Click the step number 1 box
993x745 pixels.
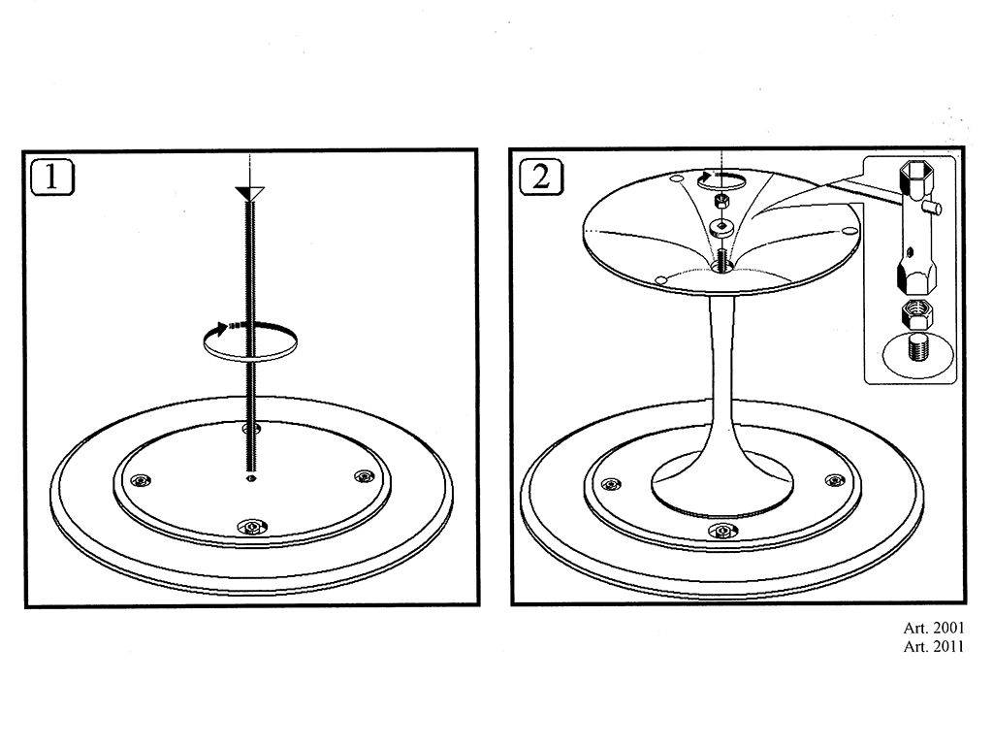tap(52, 177)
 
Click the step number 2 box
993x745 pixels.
tap(540, 177)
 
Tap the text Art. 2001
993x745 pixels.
tap(934, 628)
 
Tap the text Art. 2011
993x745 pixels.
tap(934, 647)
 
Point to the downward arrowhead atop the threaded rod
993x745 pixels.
tap(249, 193)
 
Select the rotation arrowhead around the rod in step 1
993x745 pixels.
tap(219, 328)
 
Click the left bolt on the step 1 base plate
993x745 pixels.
tap(141, 481)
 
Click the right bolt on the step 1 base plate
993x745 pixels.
tap(364, 475)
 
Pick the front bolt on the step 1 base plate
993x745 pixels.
tap(252, 527)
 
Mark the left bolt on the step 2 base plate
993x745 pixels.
tap(611, 485)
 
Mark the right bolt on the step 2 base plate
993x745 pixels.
tap(835, 481)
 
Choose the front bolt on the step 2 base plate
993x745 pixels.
tap(721, 531)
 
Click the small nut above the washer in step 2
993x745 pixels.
tap(721, 202)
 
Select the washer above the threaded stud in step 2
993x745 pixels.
tap(721, 227)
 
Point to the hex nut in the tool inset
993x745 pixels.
tap(916, 312)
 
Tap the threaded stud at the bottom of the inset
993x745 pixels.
tap(917, 348)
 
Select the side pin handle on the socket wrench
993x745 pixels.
tap(933, 208)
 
